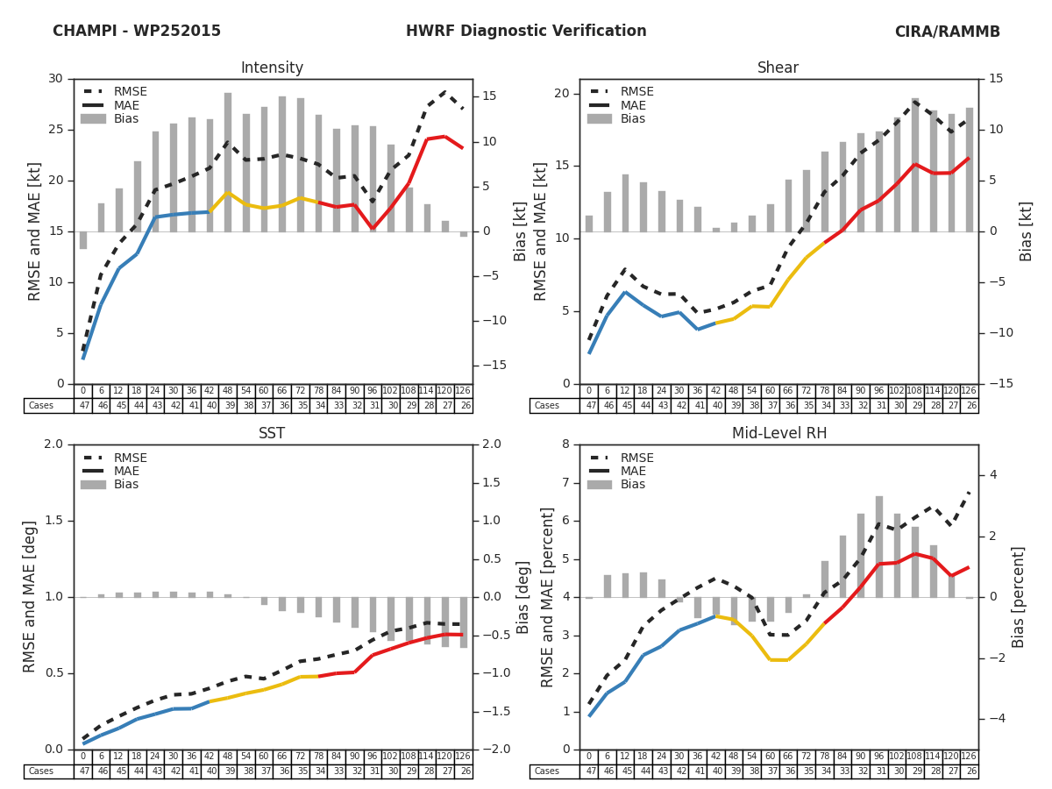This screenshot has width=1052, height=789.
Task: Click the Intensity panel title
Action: coord(272,68)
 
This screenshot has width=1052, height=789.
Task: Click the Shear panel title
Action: coord(778,68)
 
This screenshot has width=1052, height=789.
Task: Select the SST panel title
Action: coord(272,434)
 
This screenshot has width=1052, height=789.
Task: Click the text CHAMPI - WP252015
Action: coord(137,32)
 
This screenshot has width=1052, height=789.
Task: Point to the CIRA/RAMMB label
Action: coord(947,32)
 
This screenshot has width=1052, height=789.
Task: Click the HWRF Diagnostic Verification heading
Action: coord(526,32)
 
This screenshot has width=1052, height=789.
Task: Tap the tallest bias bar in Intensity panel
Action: coord(228,162)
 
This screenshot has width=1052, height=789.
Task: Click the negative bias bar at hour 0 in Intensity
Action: coord(83,240)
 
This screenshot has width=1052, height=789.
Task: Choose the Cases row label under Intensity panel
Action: coord(41,406)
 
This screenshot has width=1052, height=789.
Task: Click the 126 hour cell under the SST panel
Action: coord(463,757)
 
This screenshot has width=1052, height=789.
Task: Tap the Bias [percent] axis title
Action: coord(1019,596)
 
